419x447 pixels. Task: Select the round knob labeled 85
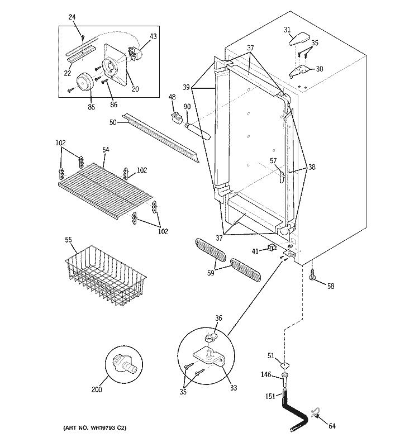[x=85, y=82]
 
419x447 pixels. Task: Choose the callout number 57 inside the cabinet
[x=274, y=161]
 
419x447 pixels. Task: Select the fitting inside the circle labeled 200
[x=124, y=363]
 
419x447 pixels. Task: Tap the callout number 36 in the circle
[x=218, y=318]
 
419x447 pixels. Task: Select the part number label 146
[x=267, y=375]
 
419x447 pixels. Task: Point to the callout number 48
[x=172, y=97]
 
